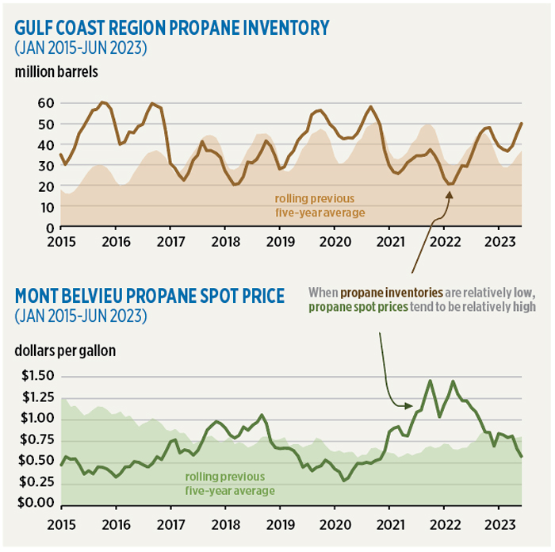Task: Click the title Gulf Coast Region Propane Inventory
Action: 171,28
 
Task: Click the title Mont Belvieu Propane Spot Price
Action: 150,296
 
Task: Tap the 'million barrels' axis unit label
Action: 55,72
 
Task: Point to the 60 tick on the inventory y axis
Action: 44,103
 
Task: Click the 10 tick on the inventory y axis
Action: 44,206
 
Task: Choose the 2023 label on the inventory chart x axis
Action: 499,240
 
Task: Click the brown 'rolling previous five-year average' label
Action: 315,205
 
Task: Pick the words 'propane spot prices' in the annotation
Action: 362,306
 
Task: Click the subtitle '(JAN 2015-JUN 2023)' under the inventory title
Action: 69,48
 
